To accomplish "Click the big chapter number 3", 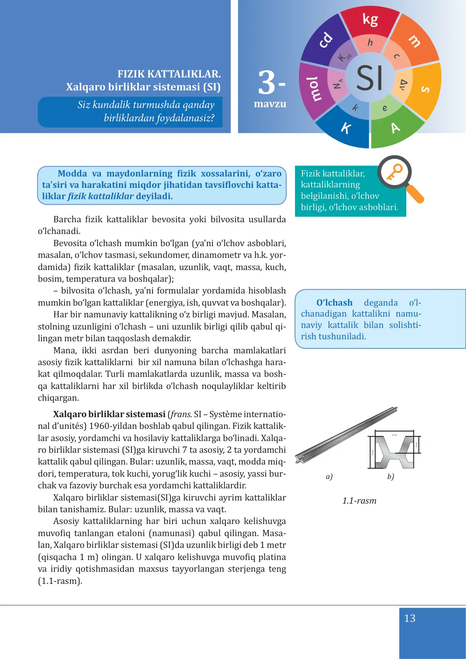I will tap(267, 83).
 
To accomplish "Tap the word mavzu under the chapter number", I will tap(270, 104).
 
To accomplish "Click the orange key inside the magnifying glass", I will tap(394, 172).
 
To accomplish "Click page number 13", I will tap(410, 618).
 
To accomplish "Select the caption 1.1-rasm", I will tap(359, 501).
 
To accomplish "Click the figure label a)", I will tap(329, 477).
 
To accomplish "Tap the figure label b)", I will tap(390, 477).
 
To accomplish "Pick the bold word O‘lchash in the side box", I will tap(334, 303).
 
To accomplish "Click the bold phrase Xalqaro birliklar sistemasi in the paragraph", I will tap(109, 414).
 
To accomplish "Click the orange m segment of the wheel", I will tap(415, 41).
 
